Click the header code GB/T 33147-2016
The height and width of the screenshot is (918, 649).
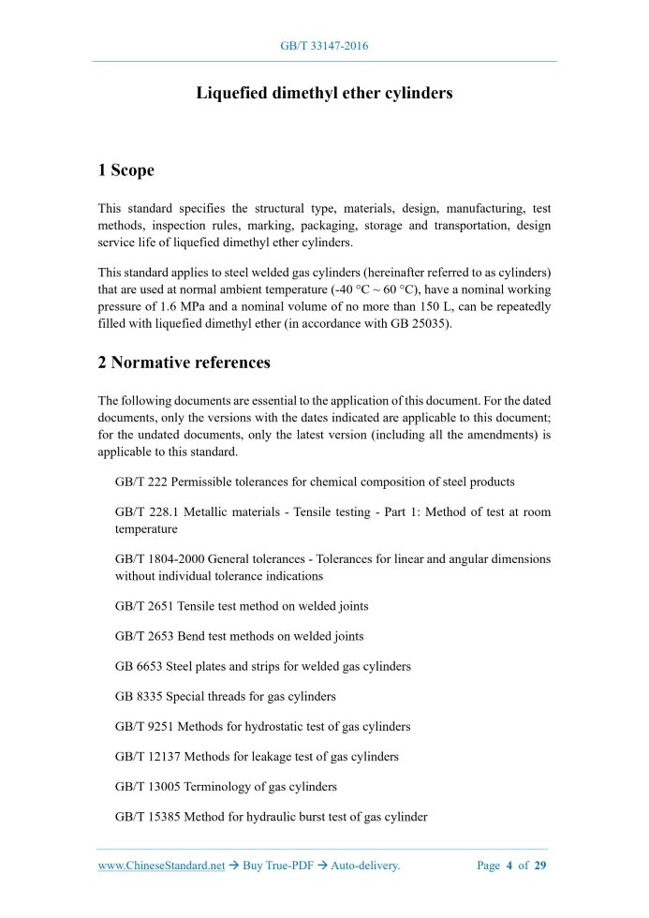[x=324, y=45]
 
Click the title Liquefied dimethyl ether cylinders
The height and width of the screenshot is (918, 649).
[x=324, y=94]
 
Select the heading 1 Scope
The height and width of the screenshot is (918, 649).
[x=126, y=170]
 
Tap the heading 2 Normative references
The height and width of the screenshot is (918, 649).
[x=184, y=363]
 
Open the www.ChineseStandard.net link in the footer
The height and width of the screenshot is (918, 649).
[x=162, y=866]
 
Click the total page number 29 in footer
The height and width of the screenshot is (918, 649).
[x=540, y=866]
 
